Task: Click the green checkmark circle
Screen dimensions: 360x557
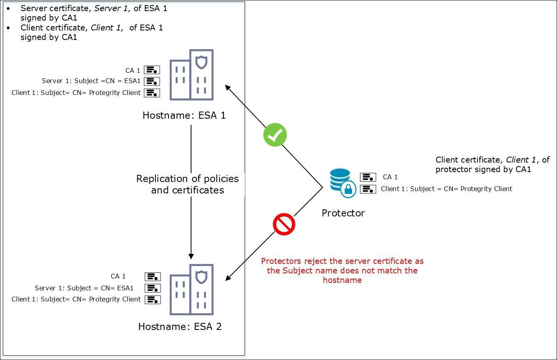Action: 275,135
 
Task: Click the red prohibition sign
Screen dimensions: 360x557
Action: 284,224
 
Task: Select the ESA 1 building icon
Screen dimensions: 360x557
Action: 192,75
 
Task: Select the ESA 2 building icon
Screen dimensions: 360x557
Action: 192,290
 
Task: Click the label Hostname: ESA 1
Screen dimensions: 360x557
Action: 184,116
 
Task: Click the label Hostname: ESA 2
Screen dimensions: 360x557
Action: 180,327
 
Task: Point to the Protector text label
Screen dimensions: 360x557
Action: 343,213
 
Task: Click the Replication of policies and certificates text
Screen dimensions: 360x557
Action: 188,184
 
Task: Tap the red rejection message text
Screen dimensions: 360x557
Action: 342,271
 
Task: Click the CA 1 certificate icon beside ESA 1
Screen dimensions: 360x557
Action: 152,70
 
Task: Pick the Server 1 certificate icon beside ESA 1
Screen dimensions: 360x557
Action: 152,81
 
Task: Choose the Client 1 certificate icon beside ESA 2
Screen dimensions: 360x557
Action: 153,299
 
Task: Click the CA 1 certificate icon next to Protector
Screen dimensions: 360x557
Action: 368,177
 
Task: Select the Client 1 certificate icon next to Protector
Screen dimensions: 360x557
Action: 368,189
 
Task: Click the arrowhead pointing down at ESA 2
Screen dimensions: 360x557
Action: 191,256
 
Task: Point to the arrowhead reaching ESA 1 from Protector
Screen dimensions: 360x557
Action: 228,87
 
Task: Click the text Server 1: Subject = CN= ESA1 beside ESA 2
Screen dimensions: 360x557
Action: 84,288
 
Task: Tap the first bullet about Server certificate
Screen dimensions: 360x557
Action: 94,13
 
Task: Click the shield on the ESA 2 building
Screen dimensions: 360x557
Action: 201,277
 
